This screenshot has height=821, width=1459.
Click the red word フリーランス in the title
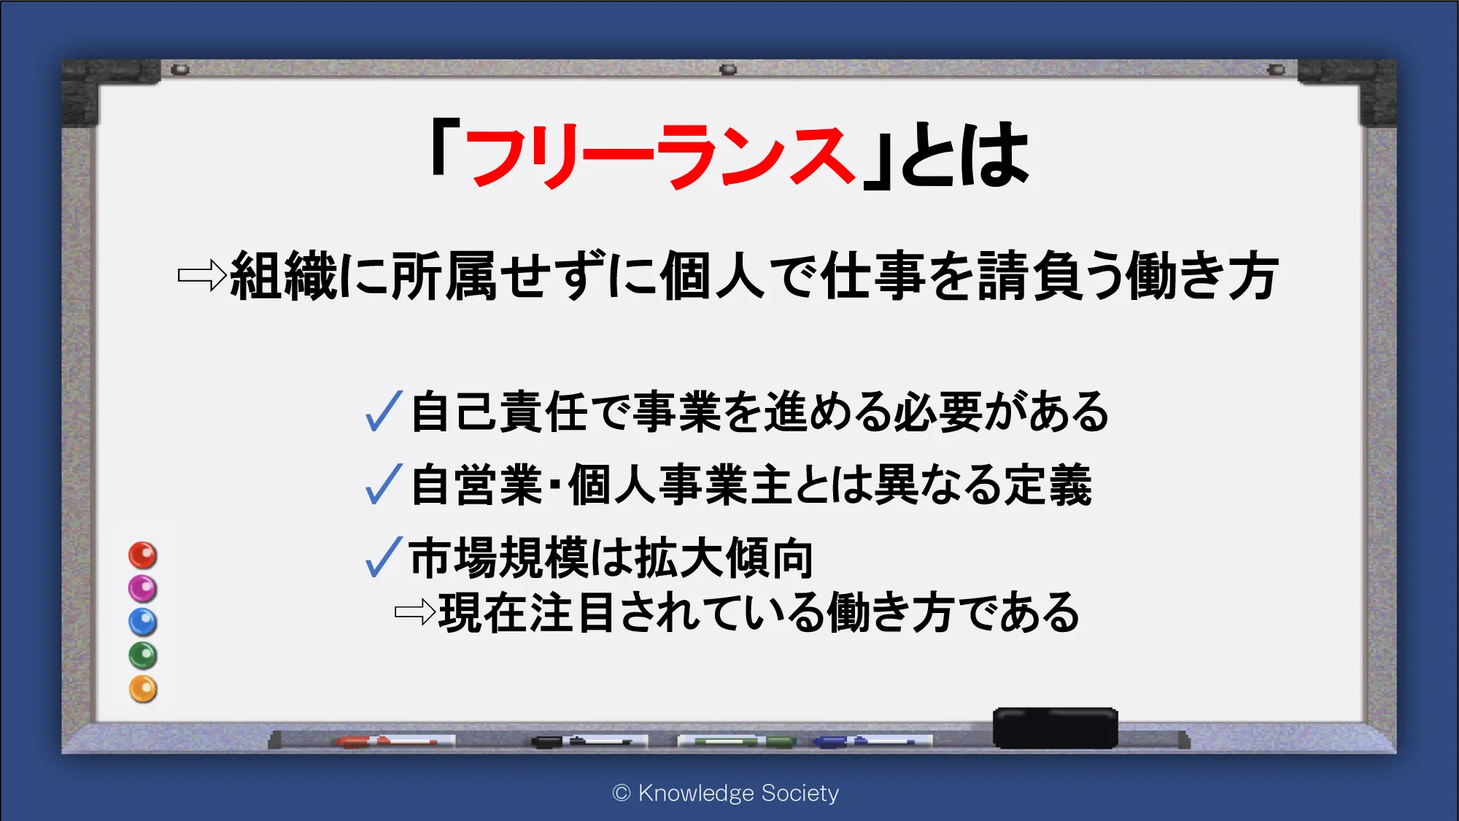[x=659, y=155]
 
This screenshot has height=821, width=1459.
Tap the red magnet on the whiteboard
[x=143, y=555]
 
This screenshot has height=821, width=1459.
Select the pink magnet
[x=143, y=588]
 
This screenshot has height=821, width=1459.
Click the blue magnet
[x=143, y=622]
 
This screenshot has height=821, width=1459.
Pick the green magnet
[x=143, y=655]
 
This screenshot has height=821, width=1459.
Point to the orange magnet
[x=143, y=689]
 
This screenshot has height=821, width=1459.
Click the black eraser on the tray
[x=1055, y=728]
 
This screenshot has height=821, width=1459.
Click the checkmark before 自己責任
[x=384, y=411]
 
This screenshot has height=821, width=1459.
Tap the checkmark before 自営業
[x=384, y=484]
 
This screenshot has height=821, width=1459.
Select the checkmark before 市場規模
[x=384, y=557]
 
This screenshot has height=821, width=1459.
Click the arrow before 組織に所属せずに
[x=202, y=275]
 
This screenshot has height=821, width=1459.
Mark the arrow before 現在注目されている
[x=415, y=612]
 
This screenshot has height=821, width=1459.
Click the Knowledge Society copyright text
[x=726, y=793]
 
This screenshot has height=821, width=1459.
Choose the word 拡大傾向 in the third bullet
[x=724, y=558]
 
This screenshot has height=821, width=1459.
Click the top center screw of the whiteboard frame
[x=728, y=69]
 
